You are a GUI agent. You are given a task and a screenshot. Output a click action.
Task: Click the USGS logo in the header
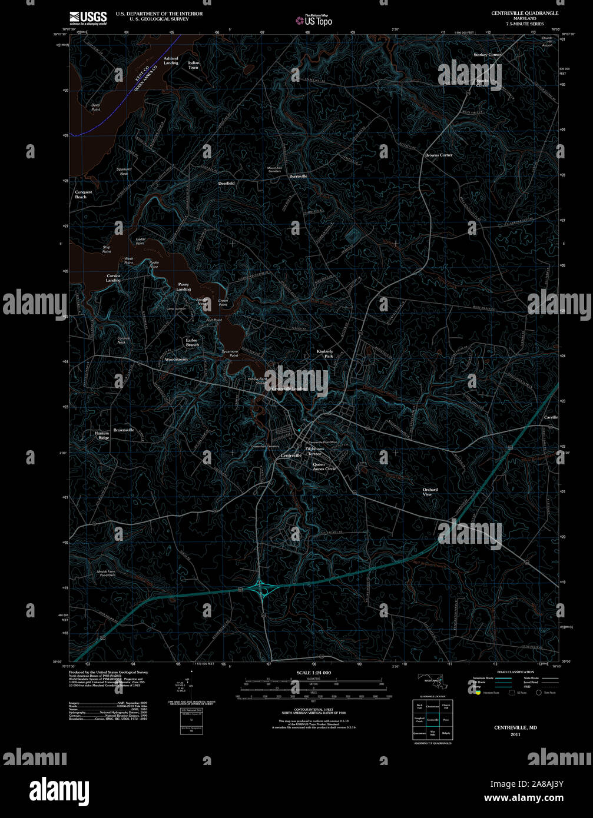[88, 18]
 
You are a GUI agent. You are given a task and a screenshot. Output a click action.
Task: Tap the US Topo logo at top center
[314, 20]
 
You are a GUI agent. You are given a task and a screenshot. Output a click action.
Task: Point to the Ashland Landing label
[171, 61]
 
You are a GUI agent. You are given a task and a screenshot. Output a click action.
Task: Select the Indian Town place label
[194, 65]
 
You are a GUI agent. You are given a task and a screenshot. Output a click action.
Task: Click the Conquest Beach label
[83, 194]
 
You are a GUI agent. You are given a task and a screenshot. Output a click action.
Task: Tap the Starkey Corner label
[487, 55]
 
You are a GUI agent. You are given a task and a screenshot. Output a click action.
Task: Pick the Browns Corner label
[439, 155]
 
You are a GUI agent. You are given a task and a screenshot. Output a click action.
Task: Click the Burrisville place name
[298, 176]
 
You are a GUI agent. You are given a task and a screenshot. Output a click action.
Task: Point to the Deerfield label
[227, 183]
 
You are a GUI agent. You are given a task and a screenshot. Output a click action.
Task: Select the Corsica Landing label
[113, 278]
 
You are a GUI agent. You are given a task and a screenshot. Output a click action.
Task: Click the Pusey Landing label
[184, 287]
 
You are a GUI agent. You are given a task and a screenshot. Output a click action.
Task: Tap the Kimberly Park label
[324, 354]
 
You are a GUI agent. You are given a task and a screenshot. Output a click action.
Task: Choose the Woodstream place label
[176, 359]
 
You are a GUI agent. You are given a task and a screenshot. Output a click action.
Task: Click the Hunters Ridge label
[102, 435]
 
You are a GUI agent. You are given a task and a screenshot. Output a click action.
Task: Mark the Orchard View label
[430, 492]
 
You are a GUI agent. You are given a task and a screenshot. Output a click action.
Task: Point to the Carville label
[551, 417]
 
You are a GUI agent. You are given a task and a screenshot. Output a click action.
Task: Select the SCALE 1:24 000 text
[313, 673]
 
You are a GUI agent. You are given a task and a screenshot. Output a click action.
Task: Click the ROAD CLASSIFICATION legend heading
[515, 671]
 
